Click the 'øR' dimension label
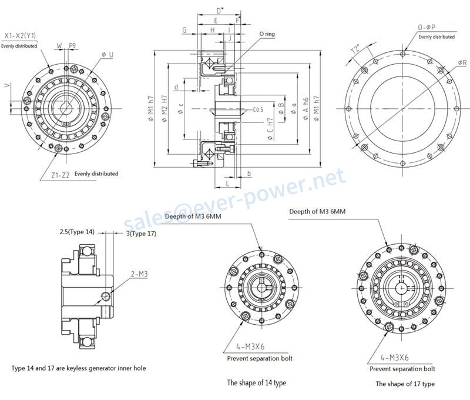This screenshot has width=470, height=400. pos(462,63)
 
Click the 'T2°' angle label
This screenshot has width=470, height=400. pos(355,51)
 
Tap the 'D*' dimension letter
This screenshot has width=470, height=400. pos(220,11)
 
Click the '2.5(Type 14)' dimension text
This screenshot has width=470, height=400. pos(77,232)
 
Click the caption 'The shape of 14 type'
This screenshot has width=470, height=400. pos(257,383)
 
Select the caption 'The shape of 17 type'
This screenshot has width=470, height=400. pos(405,384)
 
